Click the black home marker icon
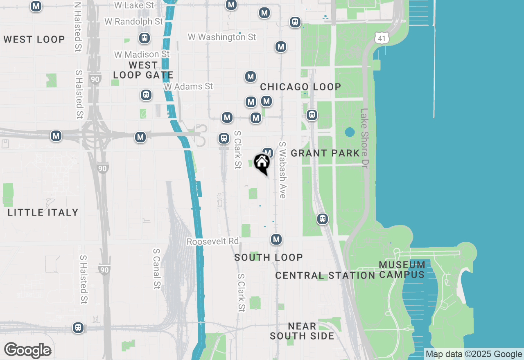click(262, 163)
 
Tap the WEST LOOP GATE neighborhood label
click(143, 70)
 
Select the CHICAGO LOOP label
click(300, 87)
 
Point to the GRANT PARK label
click(325, 153)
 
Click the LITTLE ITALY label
click(43, 212)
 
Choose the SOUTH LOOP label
click(269, 257)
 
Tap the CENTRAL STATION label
click(325, 275)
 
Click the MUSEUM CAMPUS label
click(402, 270)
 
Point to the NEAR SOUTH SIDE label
click(302, 331)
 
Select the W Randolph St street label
click(133, 21)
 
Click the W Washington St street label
click(222, 37)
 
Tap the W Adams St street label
click(188, 86)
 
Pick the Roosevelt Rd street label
click(212, 241)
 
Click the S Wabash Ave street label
click(282, 170)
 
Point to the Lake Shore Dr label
click(364, 138)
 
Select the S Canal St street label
click(156, 268)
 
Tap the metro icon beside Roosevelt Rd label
click(276, 239)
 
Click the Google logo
click(27, 351)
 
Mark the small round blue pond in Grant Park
click(350, 132)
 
